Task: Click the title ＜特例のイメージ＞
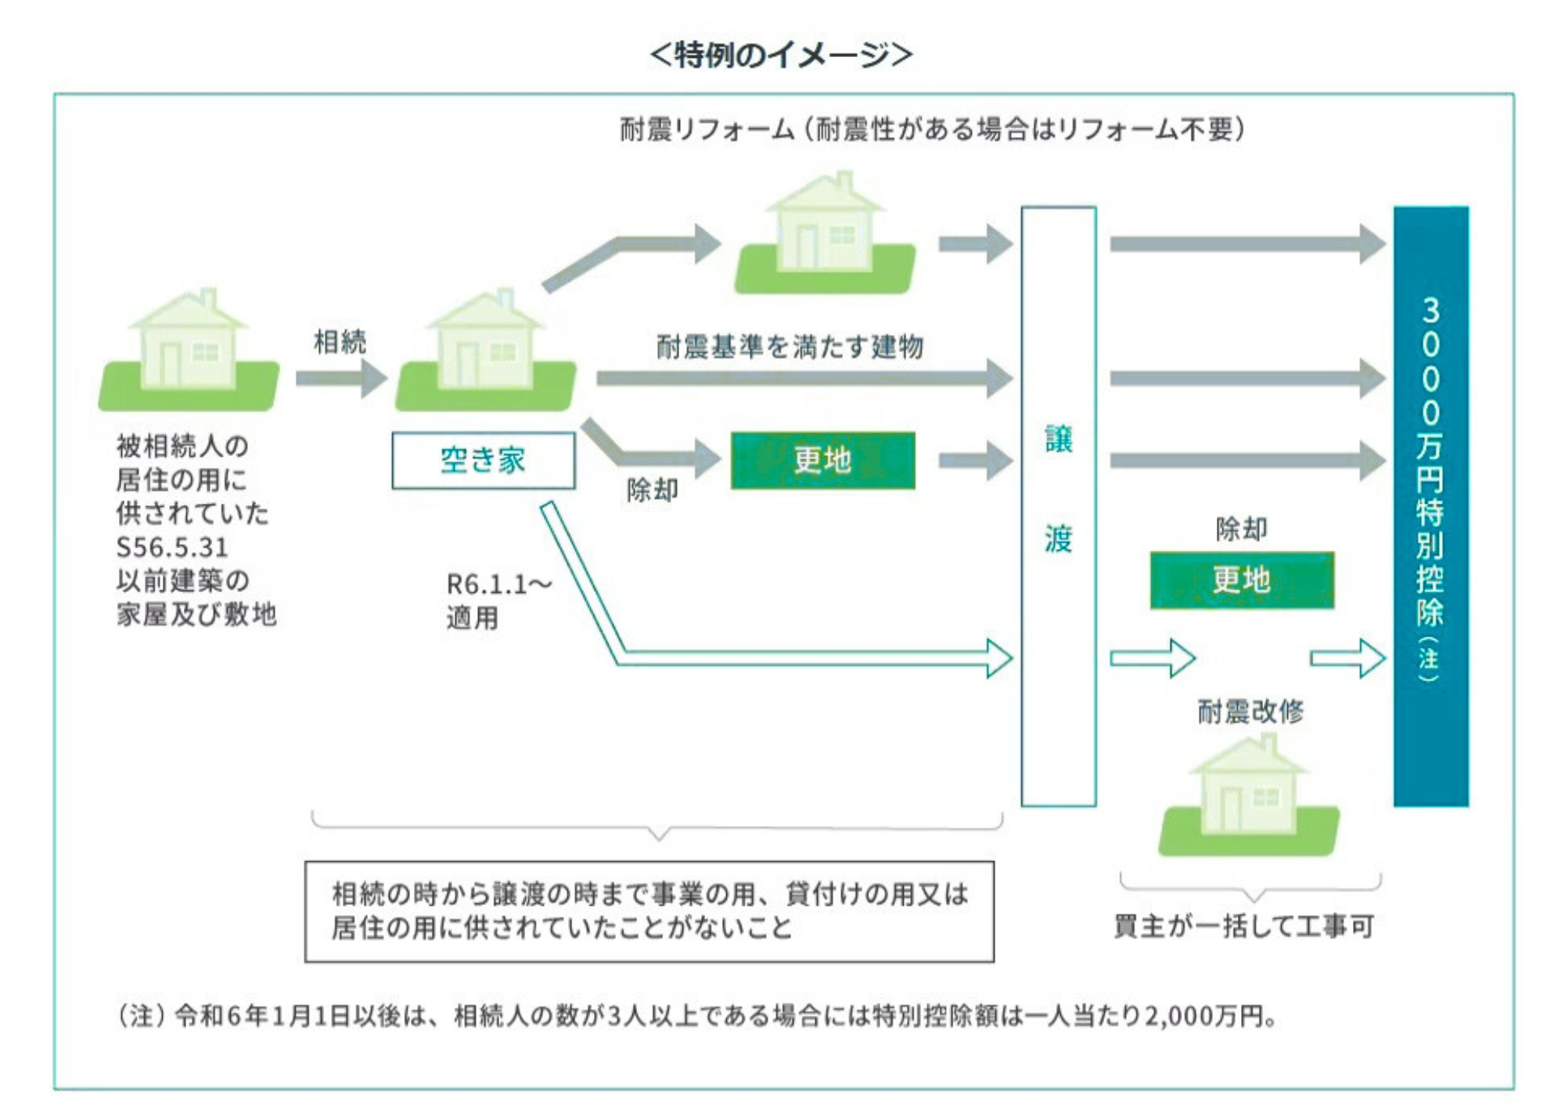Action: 781,55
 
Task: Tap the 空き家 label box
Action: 483,461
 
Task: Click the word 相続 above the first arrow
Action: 340,342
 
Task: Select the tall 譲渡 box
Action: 1058,505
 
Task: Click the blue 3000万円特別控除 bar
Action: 1430,505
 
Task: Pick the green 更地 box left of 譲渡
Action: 822,460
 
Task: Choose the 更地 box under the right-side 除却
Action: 1242,580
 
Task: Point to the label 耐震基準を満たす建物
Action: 790,346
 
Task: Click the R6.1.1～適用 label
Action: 498,601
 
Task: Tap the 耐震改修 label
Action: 1250,711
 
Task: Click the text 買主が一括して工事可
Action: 1243,925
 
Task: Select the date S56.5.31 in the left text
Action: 172,547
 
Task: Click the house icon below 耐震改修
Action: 1249,798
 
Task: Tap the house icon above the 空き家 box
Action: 486,352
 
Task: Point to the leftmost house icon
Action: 189,352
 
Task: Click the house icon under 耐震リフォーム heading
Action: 825,235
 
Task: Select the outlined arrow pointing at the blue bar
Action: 1347,658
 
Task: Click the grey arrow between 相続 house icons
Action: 341,379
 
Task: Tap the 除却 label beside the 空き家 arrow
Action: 652,490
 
